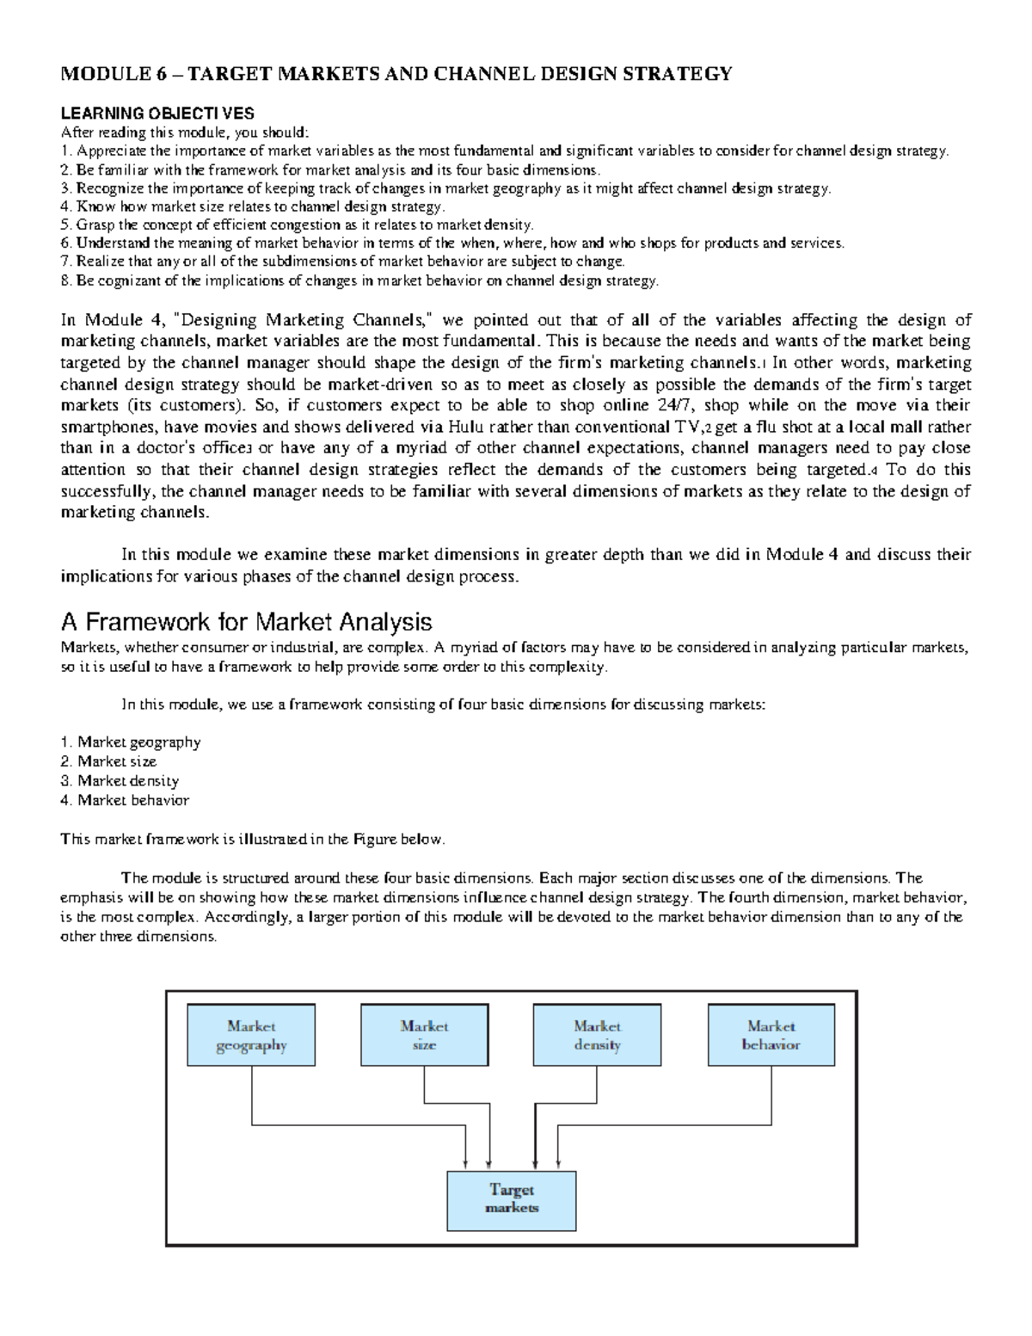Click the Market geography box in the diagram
click(x=251, y=1036)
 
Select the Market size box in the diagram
click(x=424, y=1036)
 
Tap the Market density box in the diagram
click(x=598, y=1036)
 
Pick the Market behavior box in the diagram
click(x=771, y=1036)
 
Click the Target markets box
click(x=512, y=1199)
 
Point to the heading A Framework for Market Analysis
click(x=246, y=621)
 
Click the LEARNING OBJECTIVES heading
click(x=157, y=113)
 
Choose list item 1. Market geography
click(x=131, y=742)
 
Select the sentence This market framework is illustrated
click(x=252, y=839)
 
